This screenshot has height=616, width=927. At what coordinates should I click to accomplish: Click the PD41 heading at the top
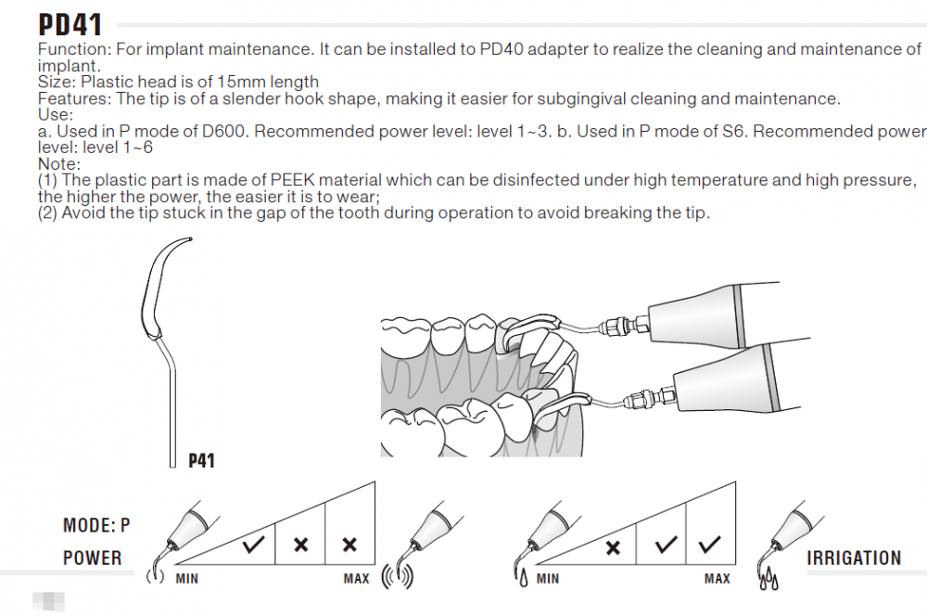(70, 22)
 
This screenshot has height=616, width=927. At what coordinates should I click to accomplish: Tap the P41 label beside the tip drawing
(201, 459)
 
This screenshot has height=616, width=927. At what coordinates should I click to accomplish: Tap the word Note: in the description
(59, 164)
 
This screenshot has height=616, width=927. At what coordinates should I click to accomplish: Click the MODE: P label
(96, 526)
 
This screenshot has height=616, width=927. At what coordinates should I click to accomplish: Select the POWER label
(93, 558)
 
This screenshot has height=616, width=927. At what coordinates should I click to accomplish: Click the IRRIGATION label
(854, 558)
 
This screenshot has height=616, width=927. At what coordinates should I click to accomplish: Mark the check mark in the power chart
(253, 545)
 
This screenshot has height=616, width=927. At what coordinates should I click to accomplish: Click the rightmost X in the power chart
(349, 545)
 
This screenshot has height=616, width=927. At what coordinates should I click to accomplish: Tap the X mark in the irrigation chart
(613, 546)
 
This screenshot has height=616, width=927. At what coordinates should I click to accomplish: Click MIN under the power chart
(186, 579)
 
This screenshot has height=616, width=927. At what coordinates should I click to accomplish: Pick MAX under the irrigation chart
(717, 579)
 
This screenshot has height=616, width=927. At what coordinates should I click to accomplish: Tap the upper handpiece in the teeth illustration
(705, 309)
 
